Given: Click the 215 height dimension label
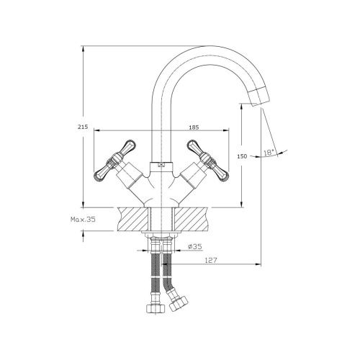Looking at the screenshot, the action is click(83, 127).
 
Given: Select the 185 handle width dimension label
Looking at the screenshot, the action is click(194, 127).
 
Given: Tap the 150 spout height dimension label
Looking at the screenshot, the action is click(242, 156).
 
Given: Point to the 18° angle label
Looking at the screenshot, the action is click(269, 152).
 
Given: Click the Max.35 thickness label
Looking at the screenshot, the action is click(83, 219).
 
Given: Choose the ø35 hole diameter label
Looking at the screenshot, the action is click(195, 246).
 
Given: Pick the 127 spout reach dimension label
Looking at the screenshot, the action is click(211, 260).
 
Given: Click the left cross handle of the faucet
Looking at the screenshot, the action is click(115, 160).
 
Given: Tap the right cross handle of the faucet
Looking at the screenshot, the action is click(207, 160).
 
